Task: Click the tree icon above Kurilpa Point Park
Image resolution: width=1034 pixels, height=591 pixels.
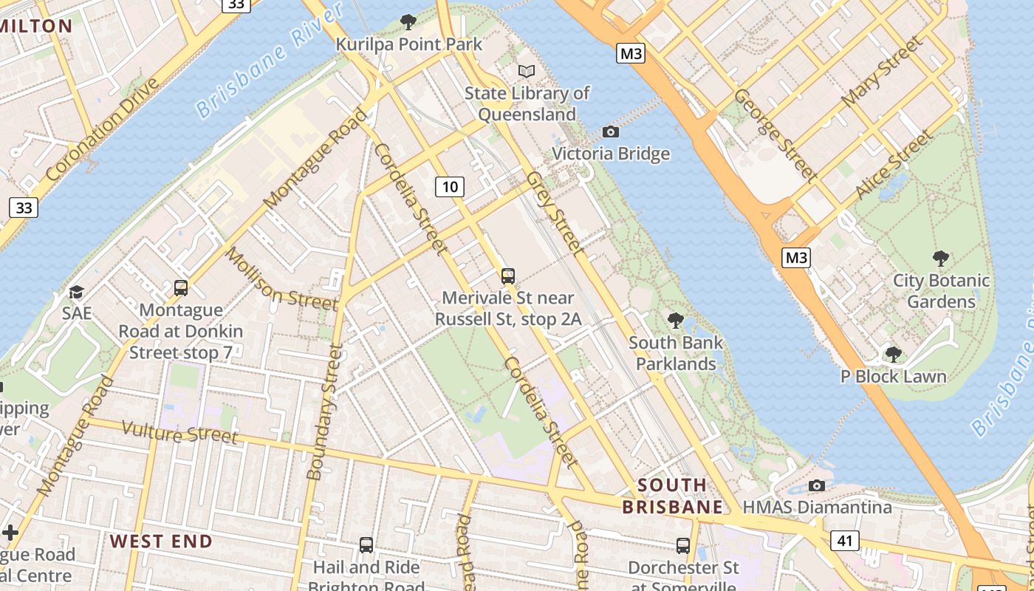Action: (408, 22)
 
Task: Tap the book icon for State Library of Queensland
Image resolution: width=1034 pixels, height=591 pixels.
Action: (526, 71)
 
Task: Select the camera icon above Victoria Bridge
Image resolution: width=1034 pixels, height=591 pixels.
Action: (611, 131)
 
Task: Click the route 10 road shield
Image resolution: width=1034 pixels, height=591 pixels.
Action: (449, 187)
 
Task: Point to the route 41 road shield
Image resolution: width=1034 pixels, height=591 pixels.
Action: (845, 541)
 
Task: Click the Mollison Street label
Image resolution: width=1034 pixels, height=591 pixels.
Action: (281, 280)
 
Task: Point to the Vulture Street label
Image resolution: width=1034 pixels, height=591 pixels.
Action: (179, 433)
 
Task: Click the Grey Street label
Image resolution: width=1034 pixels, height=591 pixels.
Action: (555, 214)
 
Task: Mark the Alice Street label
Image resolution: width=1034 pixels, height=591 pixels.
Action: (893, 165)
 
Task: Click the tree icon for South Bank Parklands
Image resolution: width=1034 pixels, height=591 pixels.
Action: (675, 321)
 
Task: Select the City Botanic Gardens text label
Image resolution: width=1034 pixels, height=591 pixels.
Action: (940, 291)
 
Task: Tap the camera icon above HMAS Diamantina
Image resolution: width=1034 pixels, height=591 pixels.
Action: (816, 485)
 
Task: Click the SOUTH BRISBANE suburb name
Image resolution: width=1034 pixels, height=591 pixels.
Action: (672, 496)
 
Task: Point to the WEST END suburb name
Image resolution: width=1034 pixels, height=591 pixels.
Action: (161, 541)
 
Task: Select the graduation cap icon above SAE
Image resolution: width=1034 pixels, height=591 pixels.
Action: (76, 292)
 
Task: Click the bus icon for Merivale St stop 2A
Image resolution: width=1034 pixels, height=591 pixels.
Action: (508, 276)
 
